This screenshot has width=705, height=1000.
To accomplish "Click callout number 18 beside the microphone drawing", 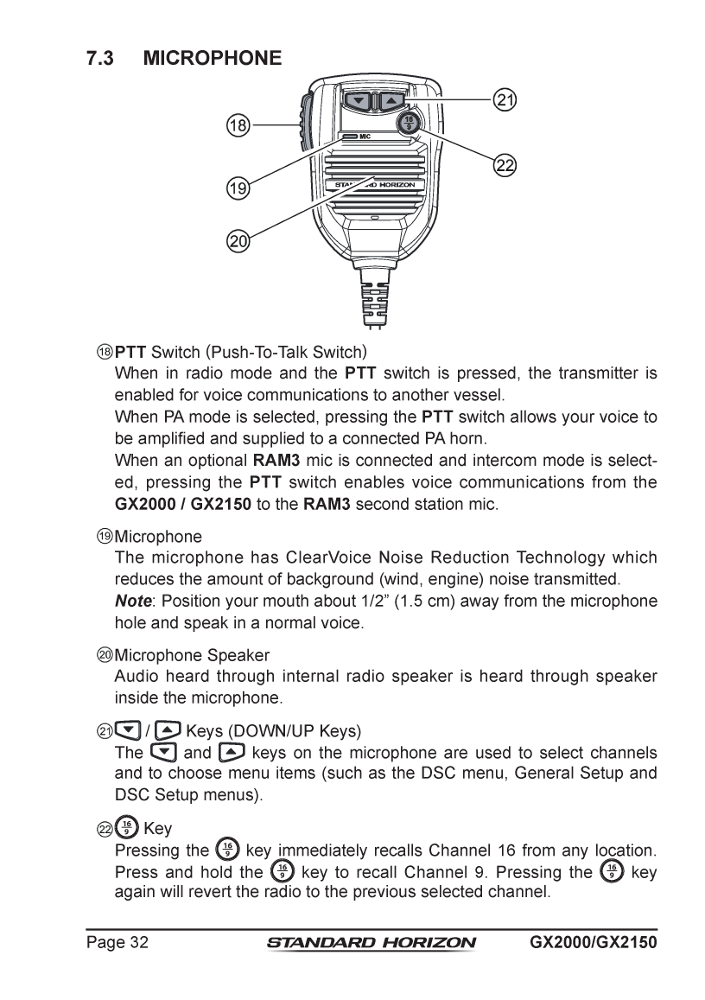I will pos(238,126).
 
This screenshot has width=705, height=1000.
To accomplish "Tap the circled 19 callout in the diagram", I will pos(238,186).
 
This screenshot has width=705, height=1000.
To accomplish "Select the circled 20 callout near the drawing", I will pos(238,241).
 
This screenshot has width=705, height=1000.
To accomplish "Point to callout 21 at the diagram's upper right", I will pos(504,100).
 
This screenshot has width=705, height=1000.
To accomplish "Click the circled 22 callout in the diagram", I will pos(504,165).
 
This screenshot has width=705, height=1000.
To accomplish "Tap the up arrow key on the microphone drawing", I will pos(391,102).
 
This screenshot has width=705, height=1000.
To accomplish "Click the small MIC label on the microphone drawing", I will pos(365,137).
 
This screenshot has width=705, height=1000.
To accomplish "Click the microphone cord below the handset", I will pos(374,303).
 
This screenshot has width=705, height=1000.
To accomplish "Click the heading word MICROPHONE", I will pos(213,58).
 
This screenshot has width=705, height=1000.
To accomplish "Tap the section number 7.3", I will pos(101,58).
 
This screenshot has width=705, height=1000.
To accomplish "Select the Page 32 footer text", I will pos(117,941).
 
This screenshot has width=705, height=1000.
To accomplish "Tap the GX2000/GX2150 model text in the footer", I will pos(594,941).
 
